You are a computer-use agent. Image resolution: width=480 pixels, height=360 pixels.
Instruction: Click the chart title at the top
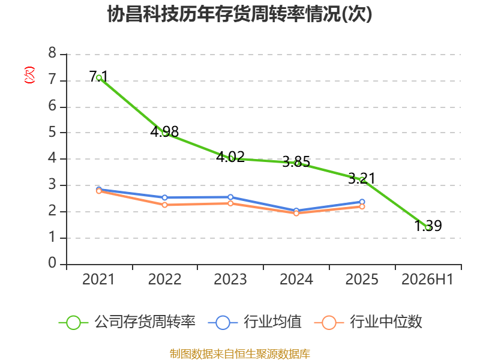coord(239,14)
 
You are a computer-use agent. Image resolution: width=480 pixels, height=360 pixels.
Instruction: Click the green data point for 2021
coord(99,78)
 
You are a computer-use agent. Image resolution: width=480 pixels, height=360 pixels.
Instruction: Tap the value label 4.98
coord(164,131)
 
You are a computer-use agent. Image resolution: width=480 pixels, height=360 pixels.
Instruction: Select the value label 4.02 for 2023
coord(230,157)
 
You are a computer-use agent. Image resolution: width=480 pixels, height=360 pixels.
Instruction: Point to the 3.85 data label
coord(296,161)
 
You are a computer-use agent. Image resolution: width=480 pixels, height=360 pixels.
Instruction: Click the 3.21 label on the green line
coord(362,178)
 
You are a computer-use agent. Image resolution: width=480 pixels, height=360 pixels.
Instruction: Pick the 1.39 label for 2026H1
coord(428,226)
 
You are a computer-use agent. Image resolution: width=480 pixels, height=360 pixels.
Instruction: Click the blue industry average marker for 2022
coord(164,197)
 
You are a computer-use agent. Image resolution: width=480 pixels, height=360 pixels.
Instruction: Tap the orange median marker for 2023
coord(230,203)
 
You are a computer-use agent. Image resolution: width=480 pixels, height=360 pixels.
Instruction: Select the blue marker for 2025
coord(362,202)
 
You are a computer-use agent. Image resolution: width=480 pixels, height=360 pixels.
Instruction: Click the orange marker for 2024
coord(296,213)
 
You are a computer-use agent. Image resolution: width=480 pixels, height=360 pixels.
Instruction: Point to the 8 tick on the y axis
coord(52,53)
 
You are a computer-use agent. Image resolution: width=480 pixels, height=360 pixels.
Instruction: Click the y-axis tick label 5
coord(52,132)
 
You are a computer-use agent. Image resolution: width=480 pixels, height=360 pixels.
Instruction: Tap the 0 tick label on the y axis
coord(52,263)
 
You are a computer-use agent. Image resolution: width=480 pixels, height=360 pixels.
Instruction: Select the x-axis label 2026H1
coord(427,280)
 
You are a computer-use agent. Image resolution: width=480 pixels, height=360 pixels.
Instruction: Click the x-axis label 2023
coord(230,280)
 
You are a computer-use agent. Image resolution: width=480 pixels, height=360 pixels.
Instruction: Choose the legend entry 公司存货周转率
coord(127,322)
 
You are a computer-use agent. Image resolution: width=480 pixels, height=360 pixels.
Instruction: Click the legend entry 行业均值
coord(254,322)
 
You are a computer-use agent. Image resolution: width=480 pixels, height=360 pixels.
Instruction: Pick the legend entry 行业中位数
coord(368,322)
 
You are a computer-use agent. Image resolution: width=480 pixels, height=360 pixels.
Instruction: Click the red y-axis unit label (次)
coord(29,75)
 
